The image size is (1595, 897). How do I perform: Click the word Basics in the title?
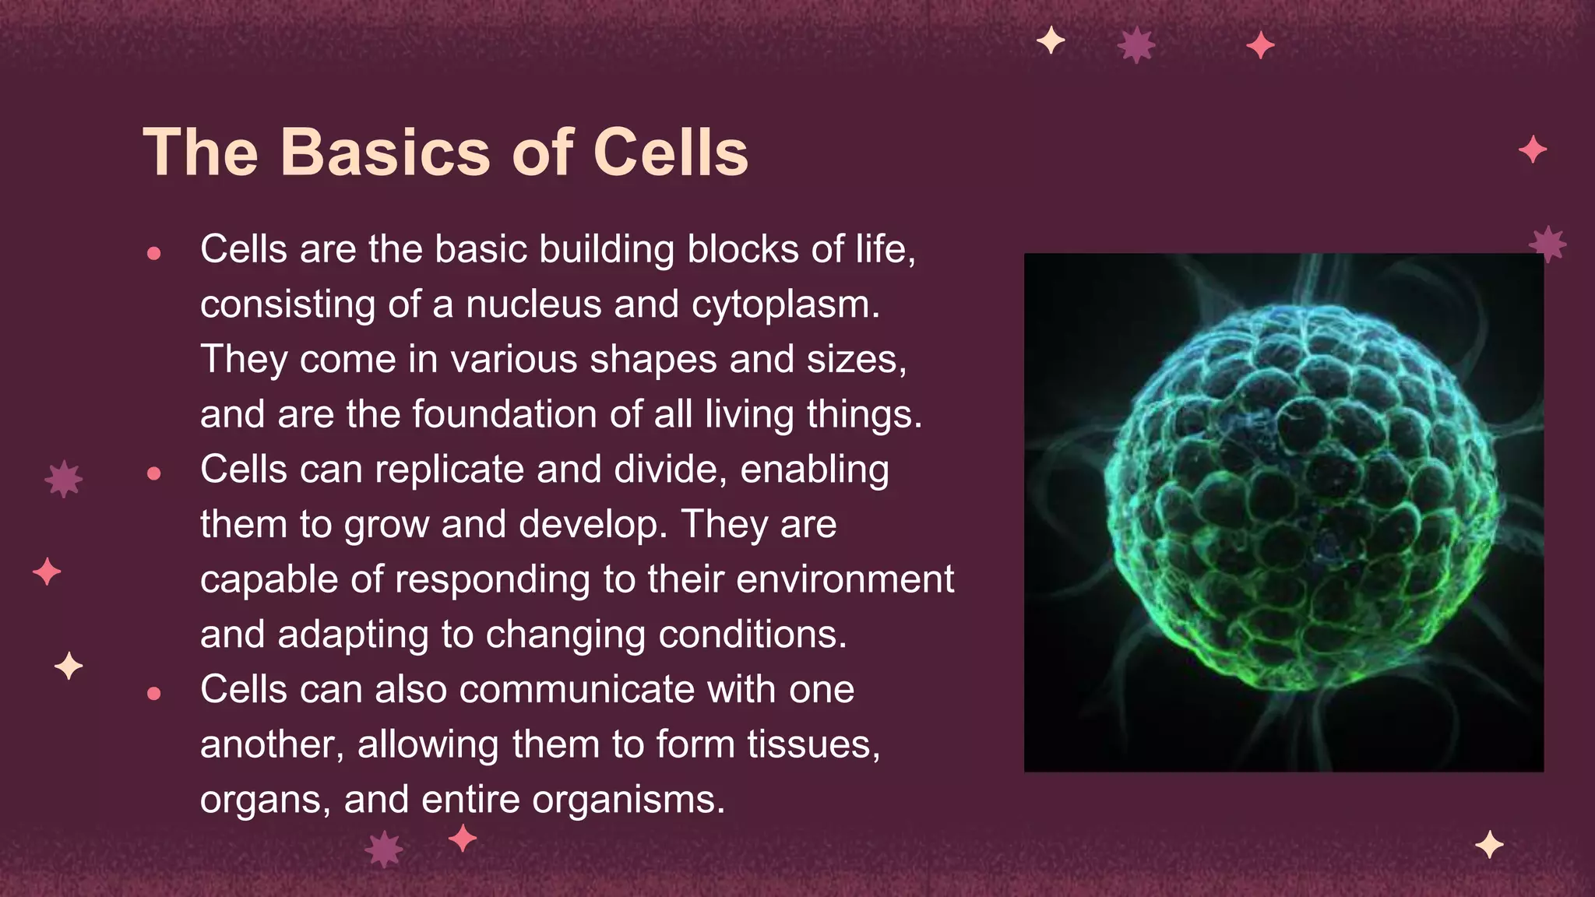coord(386,153)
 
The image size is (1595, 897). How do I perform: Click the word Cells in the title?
coord(671,153)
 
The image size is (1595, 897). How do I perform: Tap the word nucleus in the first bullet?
coord(533,304)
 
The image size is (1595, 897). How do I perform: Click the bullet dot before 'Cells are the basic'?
coord(153,253)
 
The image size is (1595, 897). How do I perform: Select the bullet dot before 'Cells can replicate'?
coord(153,473)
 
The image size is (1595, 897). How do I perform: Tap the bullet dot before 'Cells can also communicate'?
coord(153,693)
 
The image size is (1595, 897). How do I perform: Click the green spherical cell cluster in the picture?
coord(1301,498)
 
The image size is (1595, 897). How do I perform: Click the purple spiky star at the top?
coord(1136,45)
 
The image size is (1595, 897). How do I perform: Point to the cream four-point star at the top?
coord(1051,40)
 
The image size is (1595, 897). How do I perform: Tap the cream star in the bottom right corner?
coord(1489,845)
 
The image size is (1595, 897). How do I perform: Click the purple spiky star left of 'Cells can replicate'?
coord(64,479)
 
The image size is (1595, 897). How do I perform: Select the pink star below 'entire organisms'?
coord(463,839)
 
